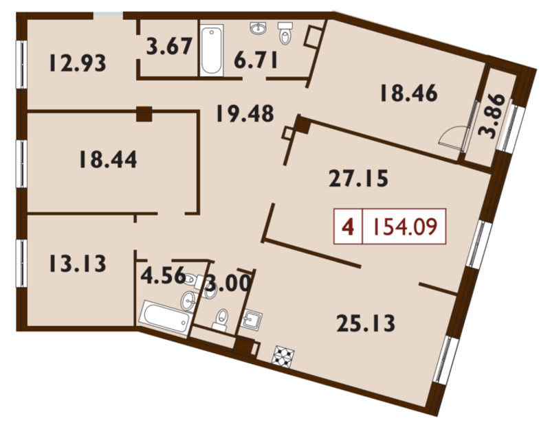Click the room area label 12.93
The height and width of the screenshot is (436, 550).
tap(78, 63)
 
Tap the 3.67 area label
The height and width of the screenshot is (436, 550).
tap(169, 46)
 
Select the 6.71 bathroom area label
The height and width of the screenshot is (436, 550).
tap(256, 60)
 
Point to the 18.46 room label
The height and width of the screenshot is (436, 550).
tap(408, 93)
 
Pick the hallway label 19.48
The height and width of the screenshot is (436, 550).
tap(245, 113)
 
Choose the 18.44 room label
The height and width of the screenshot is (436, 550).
tap(108, 159)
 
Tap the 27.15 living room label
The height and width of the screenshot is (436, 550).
tap(358, 178)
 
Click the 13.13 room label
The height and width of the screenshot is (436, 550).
tap(78, 264)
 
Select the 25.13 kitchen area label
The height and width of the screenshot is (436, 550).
tap(366, 323)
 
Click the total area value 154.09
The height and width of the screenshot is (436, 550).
tap(404, 227)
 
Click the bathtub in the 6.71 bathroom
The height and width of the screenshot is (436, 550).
tap(212, 49)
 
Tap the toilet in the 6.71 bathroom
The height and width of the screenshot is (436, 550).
tap(285, 32)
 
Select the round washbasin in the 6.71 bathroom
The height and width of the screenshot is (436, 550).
tap(258, 28)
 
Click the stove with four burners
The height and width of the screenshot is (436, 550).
tap(283, 356)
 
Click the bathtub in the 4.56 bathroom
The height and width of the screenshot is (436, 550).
tap(165, 318)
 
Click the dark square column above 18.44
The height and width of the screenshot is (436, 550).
tap(144, 114)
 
